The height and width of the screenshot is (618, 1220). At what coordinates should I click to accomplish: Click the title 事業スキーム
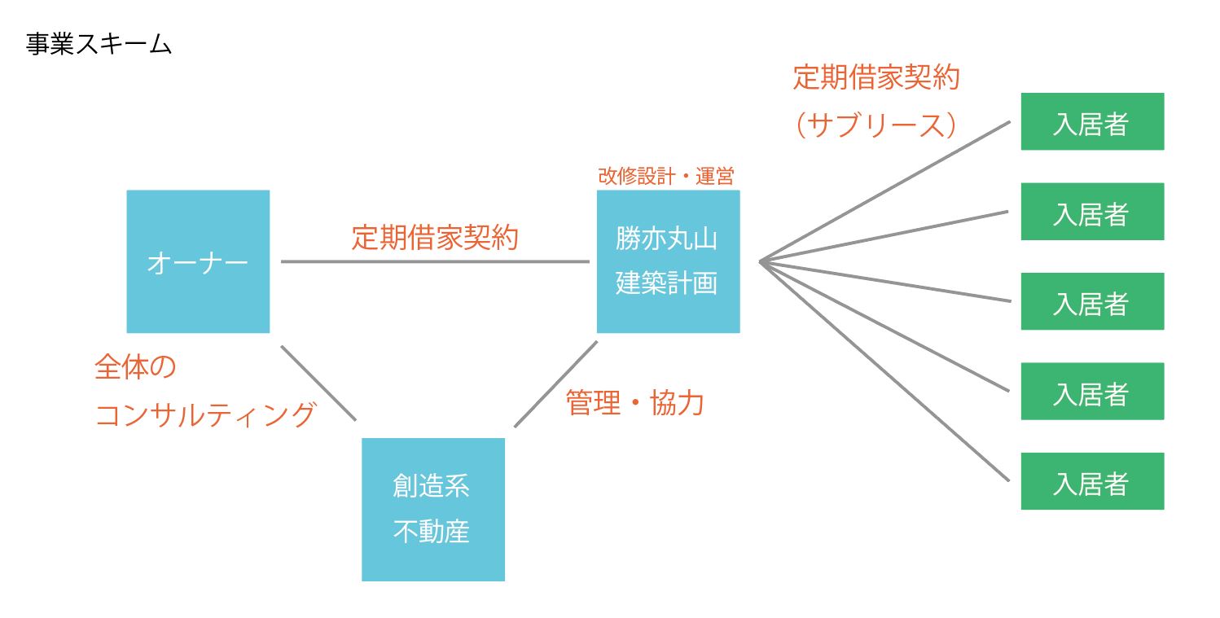(x=99, y=44)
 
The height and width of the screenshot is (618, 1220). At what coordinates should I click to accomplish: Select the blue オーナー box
(x=198, y=261)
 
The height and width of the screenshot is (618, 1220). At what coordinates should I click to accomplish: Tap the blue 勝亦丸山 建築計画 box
(x=668, y=261)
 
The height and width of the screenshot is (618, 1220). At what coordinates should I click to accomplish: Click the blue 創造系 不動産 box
(x=432, y=510)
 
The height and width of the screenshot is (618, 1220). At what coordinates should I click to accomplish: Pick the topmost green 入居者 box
(x=1092, y=121)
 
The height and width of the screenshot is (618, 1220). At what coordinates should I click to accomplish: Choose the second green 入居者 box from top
(x=1092, y=212)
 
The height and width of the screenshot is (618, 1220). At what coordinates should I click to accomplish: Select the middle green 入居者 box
(x=1092, y=301)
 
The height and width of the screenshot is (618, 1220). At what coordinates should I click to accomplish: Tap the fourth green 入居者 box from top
(x=1092, y=392)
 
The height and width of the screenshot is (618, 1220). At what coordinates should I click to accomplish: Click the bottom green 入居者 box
(x=1092, y=481)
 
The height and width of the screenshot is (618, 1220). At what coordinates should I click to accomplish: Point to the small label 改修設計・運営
(x=666, y=177)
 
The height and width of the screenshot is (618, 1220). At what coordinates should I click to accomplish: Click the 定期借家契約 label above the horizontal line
(x=435, y=237)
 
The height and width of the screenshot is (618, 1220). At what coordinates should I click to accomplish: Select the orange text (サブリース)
(x=876, y=125)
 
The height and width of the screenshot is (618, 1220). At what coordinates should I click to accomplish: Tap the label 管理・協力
(x=634, y=402)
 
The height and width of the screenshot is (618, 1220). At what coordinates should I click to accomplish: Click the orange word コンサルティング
(x=205, y=414)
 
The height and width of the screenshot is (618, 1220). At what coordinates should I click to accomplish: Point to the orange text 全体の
(x=135, y=367)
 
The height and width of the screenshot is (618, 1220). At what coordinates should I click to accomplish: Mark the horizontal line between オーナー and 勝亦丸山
(x=435, y=262)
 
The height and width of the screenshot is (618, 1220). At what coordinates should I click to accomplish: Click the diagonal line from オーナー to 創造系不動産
(x=318, y=383)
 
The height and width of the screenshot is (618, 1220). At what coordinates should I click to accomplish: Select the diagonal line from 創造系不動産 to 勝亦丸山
(x=556, y=384)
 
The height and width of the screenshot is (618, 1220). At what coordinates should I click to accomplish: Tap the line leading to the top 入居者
(x=884, y=191)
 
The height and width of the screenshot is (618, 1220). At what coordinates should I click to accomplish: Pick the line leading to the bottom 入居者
(x=884, y=370)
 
